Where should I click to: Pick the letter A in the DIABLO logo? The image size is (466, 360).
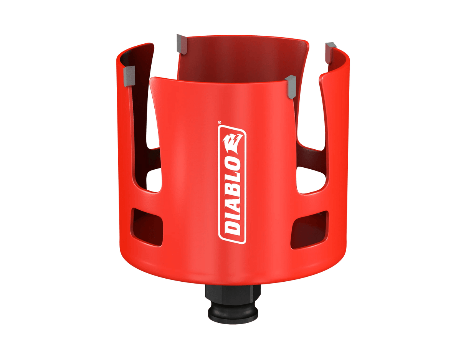click(x=233, y=199)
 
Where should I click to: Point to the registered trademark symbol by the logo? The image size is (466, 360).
click(x=220, y=123)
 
